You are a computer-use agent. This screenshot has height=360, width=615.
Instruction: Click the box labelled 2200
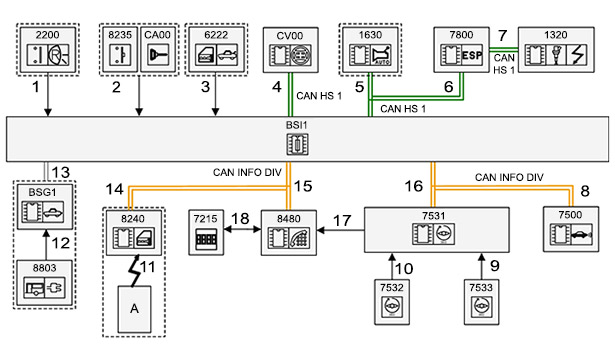[47, 49]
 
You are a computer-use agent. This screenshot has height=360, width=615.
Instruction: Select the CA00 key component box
[158, 49]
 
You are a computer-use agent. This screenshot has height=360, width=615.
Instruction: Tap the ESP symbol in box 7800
[472, 55]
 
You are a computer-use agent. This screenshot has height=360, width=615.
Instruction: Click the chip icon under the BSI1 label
[297, 144]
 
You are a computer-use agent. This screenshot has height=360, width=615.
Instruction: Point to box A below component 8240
[135, 309]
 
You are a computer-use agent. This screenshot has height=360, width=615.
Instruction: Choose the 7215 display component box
[206, 233]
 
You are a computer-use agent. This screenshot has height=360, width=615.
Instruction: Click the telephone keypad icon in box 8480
[300, 238]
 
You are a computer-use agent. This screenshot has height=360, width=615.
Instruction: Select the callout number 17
[342, 220]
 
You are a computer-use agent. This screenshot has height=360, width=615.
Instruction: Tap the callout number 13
[61, 172]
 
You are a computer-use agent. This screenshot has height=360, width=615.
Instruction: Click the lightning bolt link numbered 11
[135, 271]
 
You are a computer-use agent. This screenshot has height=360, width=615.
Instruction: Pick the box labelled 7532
[392, 302]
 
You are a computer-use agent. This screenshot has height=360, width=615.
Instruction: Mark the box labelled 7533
[482, 302]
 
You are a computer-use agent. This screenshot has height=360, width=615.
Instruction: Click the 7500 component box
[571, 229]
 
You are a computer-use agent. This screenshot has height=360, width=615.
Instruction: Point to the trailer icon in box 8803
[34, 289]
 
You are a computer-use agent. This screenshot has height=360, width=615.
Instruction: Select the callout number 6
[449, 87]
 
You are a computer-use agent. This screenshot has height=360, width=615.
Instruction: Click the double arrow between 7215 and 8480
[242, 229]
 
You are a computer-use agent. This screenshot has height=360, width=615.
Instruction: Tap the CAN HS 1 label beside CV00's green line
[319, 96]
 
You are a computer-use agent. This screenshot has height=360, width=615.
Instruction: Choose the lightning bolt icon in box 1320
[578, 55]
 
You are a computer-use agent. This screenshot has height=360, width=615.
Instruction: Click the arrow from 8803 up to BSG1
[46, 245]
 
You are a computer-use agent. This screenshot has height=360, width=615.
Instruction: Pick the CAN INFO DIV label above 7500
[509, 177]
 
